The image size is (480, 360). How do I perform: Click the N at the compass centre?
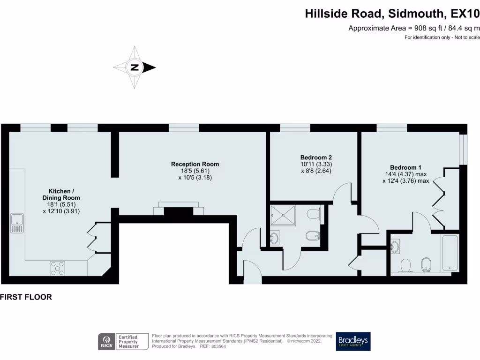coord(135,67)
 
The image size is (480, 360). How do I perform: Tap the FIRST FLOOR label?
coord(26,297)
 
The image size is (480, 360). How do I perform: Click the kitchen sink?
coord(17,223)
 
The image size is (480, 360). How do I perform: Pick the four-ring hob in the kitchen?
coord(58,268)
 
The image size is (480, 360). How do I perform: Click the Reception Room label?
coord(195,164)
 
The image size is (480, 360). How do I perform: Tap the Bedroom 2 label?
coord(316,157)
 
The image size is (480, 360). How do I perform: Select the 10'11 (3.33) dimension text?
coord(316,164)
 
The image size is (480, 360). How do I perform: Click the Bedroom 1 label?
coord(406,167)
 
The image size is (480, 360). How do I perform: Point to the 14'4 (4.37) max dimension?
coord(406,174)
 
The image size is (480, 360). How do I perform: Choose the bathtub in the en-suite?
coord(450,253)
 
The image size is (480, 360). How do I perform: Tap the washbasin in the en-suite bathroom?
coord(396,246)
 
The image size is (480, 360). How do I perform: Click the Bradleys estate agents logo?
coord(353,341)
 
